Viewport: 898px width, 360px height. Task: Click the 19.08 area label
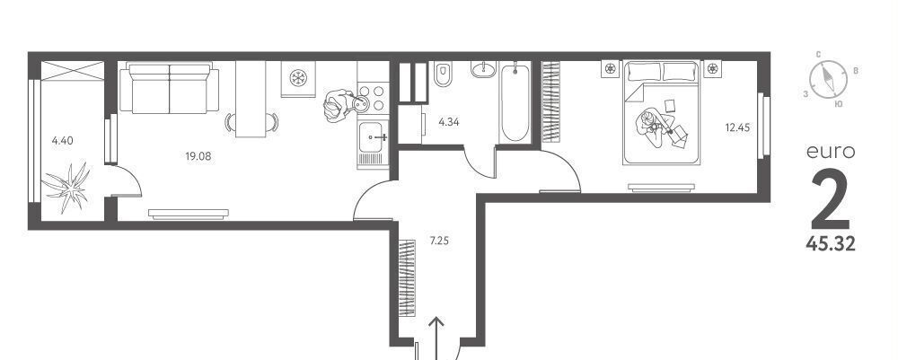[198, 155]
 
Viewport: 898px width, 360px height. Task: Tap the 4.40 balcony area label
[63, 140]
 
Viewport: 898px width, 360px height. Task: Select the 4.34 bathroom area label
[449, 121]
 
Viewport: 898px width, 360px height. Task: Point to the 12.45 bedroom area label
[737, 127]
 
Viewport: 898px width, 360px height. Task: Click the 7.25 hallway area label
[439, 241]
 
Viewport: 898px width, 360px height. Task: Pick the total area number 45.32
[831, 244]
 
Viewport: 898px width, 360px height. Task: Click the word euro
[831, 153]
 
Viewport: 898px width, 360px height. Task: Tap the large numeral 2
[831, 198]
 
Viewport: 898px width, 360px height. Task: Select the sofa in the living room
[169, 88]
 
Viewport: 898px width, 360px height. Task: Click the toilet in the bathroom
[443, 75]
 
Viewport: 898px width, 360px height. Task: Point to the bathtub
[515, 101]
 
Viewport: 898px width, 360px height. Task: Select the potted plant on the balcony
[67, 187]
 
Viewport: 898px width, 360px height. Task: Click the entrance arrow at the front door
[436, 338]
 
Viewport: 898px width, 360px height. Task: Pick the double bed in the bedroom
[662, 113]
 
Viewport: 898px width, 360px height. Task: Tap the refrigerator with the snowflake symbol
[298, 78]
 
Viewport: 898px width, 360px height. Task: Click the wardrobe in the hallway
[407, 277]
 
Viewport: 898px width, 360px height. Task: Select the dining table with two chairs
[251, 99]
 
